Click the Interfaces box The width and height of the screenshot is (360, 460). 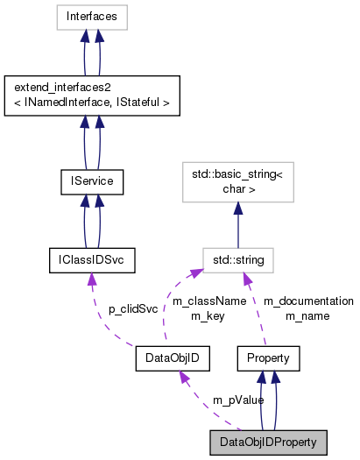tap(91, 16)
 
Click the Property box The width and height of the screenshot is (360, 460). tap(269, 358)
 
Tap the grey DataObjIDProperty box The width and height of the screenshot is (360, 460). tap(268, 442)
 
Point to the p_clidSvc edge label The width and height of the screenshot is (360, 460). tap(132, 309)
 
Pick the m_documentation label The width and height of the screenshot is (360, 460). tap(308, 301)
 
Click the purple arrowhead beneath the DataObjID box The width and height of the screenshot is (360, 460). tap(183, 378)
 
